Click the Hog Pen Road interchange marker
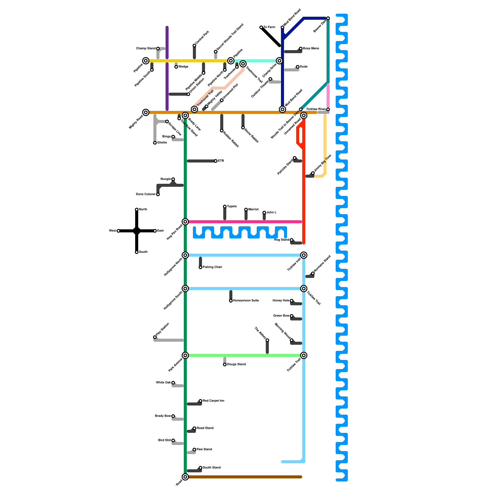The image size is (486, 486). pos(185,222)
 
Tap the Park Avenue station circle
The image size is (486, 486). pos(185,355)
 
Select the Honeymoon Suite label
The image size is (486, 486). pos(246,301)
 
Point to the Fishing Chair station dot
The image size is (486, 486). pos(200,267)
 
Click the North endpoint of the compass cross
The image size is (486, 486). pos(137,210)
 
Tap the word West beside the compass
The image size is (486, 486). pos(112,231)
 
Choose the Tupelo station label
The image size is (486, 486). pos(232,207)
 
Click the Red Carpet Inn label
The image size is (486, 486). pos(213,401)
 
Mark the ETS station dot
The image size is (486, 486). pos(216,161)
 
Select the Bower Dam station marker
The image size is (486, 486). pos(328,18)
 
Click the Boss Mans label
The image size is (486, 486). pos(311,49)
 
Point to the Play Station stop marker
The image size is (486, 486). pos(155,337)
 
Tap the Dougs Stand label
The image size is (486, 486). pos(236,364)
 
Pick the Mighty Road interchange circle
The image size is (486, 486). pos(146,112)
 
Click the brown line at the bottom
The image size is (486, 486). pos(243,477)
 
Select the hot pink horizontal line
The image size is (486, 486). pos(243,222)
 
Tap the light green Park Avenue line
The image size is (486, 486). pos(243,355)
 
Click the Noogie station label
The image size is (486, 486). pos(166,179)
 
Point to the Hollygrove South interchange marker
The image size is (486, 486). pos(185,289)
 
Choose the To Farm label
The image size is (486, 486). pos(269,27)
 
